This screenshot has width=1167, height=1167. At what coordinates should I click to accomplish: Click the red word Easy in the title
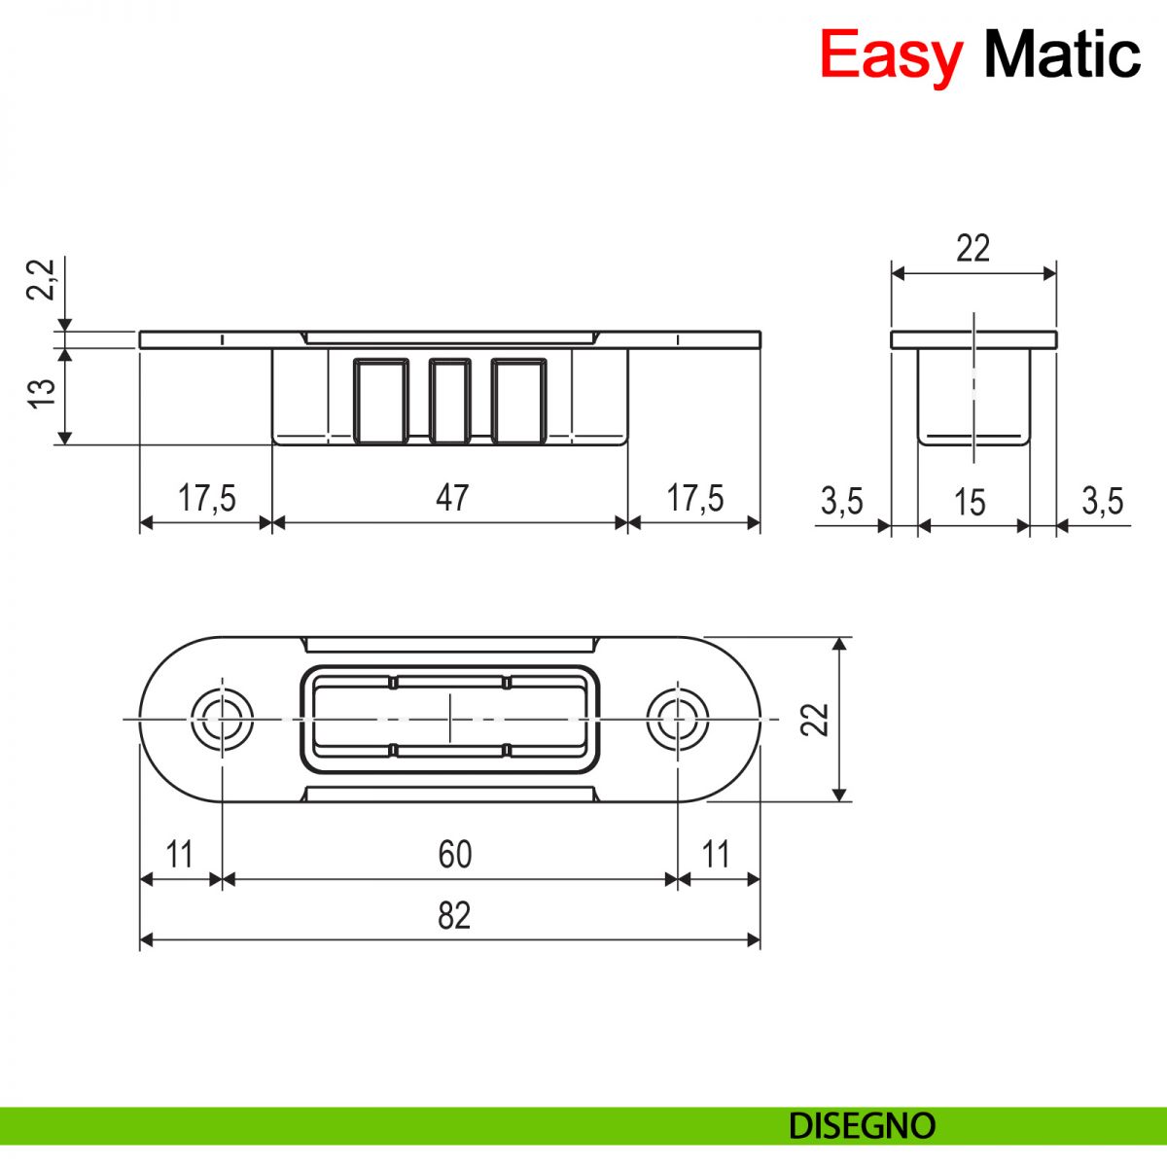click(x=890, y=54)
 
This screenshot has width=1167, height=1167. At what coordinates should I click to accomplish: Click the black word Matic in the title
click(x=1062, y=54)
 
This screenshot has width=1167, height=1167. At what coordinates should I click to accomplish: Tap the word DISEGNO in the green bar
click(x=862, y=1126)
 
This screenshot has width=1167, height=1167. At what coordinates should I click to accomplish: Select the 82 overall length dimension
click(x=454, y=916)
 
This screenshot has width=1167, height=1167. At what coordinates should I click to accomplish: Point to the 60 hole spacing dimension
click(x=454, y=855)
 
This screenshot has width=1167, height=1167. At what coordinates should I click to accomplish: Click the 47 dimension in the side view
click(x=452, y=498)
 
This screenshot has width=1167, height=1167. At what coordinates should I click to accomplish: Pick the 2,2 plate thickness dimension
click(x=42, y=280)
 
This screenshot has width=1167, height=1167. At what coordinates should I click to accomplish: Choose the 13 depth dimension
click(x=42, y=393)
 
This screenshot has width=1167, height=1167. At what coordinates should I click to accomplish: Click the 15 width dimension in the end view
click(x=970, y=503)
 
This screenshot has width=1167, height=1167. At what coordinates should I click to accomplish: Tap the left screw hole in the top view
click(x=222, y=720)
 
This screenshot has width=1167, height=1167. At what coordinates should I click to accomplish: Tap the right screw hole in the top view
click(x=678, y=720)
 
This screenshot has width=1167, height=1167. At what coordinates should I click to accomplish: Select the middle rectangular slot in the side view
click(x=450, y=401)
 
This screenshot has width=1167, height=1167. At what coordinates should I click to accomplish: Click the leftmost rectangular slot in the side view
click(x=379, y=401)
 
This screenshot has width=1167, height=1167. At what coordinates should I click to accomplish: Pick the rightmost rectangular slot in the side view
click(x=519, y=401)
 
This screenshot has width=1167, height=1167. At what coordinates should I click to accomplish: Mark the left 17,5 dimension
click(x=206, y=498)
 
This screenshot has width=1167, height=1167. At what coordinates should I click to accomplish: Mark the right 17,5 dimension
click(x=694, y=498)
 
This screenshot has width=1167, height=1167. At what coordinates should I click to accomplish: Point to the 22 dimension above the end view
click(x=972, y=249)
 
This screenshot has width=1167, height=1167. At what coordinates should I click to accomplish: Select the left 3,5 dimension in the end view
click(x=841, y=502)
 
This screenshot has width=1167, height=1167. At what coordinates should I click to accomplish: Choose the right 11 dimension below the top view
click(x=716, y=855)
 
